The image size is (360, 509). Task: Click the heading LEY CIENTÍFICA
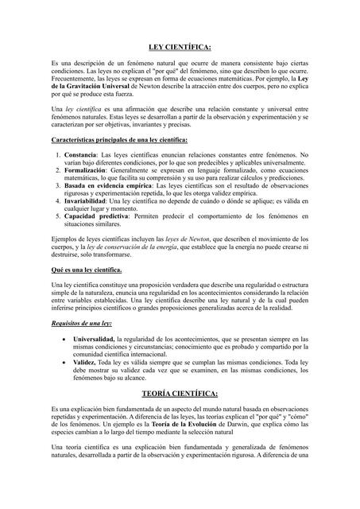(180, 48)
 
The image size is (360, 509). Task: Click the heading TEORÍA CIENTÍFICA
(180, 393)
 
